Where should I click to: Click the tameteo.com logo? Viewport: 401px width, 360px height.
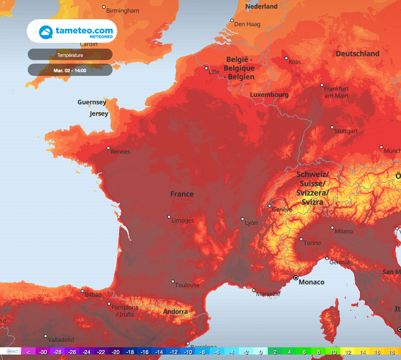[x=72, y=31]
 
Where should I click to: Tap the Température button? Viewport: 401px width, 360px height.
[x=70, y=55]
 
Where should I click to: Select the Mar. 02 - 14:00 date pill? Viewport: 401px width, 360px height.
[x=70, y=71]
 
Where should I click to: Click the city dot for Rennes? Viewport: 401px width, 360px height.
[x=108, y=148]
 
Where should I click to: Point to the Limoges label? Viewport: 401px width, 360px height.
[x=182, y=221]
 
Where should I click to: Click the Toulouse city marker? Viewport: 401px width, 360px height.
[x=173, y=281]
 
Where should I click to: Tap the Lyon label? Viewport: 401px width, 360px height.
[x=251, y=223]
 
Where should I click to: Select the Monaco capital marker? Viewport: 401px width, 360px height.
[x=296, y=278]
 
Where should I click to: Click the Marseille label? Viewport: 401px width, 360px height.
[x=268, y=294]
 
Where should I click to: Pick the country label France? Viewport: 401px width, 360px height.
[x=182, y=194]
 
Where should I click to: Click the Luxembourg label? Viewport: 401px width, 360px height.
[x=269, y=95]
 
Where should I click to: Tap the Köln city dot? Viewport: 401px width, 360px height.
[x=286, y=58]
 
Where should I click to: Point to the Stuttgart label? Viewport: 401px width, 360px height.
[x=346, y=131]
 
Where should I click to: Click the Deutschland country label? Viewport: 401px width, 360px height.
[x=358, y=54]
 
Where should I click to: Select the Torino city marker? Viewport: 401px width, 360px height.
[x=301, y=239]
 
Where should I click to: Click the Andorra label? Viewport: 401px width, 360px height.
[x=175, y=312]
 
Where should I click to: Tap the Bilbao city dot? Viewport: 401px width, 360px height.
[x=83, y=291]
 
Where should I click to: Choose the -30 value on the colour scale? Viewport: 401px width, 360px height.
[x=43, y=352]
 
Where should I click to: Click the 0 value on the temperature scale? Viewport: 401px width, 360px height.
[x=260, y=352]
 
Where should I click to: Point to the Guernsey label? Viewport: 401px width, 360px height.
[x=92, y=102]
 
